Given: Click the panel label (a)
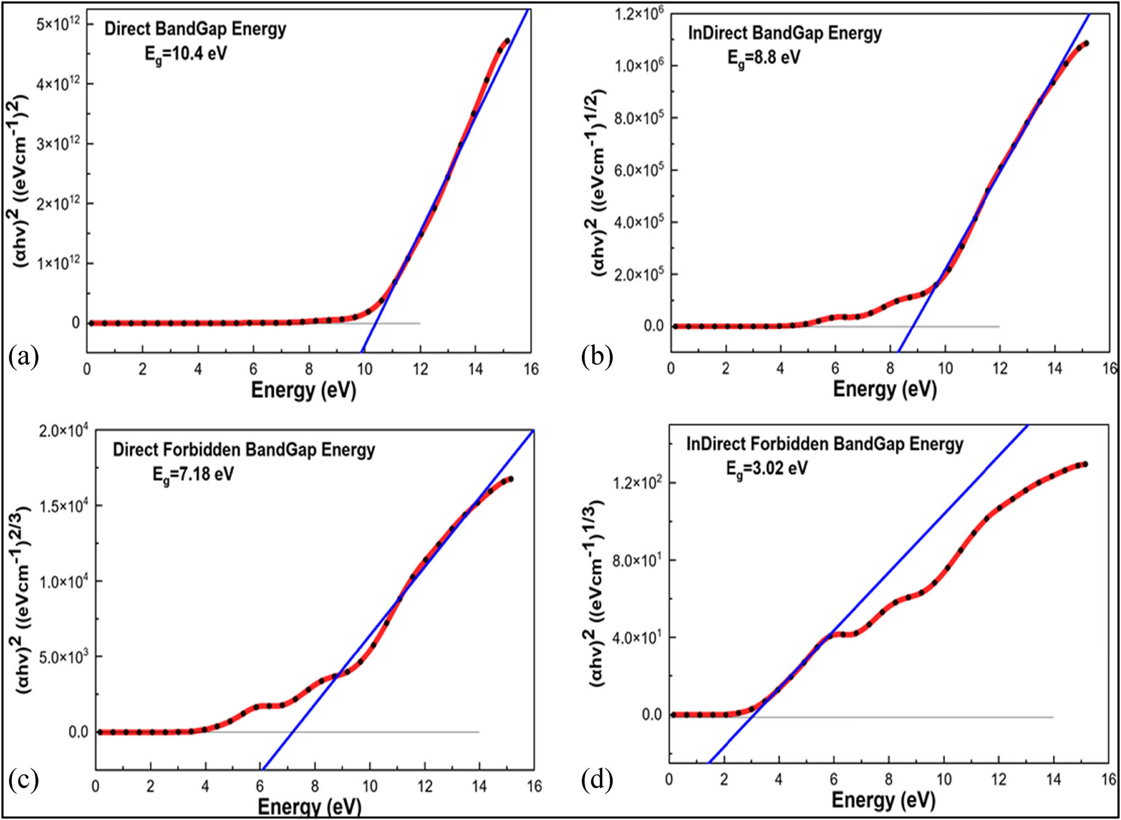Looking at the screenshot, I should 24,357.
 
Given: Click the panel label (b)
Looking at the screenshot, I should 597,357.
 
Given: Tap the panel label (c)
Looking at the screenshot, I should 24,780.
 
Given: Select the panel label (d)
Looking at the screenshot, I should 597,780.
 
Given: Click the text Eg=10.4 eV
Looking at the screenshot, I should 186,54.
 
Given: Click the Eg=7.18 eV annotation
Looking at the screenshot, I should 193,475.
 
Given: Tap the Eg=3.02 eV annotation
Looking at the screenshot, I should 767,468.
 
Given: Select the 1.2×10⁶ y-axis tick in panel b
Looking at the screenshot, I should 638,13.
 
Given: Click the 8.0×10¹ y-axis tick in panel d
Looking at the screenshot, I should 636,560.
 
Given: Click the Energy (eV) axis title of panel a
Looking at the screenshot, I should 303,390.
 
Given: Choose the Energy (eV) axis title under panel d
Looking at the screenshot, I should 883,799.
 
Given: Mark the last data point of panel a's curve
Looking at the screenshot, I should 507,41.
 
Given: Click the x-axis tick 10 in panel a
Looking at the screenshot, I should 364,369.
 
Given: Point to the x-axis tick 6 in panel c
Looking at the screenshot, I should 260,786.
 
